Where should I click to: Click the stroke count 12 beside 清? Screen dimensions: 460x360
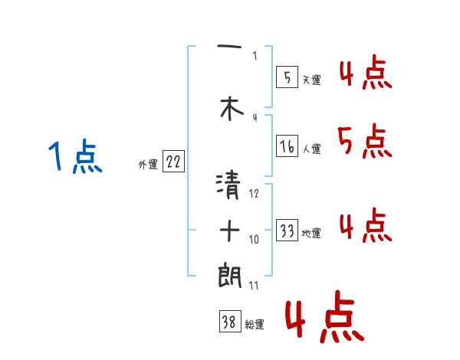255,195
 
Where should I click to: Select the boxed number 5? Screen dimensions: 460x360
286,77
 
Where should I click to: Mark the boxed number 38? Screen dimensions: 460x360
228,323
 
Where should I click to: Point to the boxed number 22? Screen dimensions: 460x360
173,162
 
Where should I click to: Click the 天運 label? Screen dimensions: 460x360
311,80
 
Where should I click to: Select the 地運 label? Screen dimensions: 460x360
311,234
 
